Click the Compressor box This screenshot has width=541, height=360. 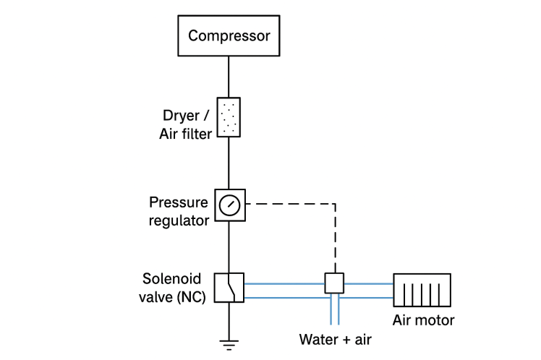point(229,35)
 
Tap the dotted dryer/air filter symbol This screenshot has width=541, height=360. point(229,116)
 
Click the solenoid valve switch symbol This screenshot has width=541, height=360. point(229,287)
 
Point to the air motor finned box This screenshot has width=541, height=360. point(421,291)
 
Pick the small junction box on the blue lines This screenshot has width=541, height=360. point(333,283)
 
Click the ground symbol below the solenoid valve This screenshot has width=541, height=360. point(229,340)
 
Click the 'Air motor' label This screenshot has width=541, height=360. point(424,320)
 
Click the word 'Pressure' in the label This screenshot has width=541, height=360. point(177,202)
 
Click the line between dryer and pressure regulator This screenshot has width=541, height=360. point(229,163)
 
